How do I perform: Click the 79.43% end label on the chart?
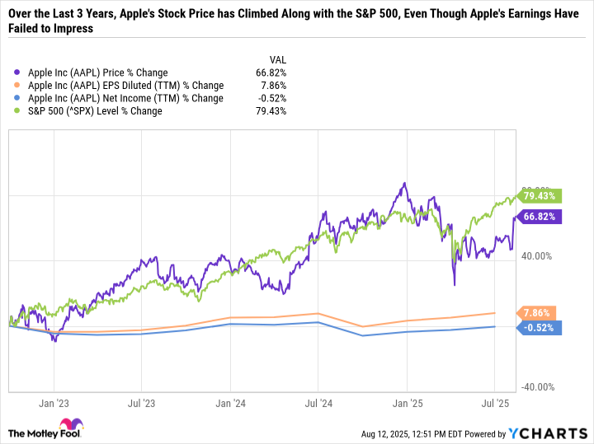(540, 196)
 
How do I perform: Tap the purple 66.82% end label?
(540, 217)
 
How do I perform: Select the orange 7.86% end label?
(537, 313)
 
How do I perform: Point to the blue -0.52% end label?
(540, 327)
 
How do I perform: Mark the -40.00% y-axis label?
(538, 387)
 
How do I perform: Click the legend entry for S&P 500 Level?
(94, 111)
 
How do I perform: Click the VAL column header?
(278, 58)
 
